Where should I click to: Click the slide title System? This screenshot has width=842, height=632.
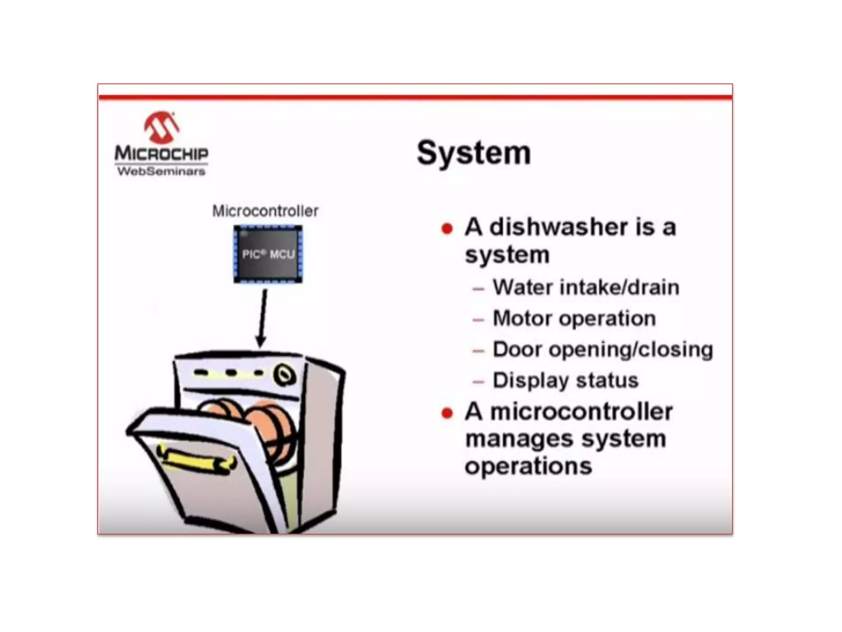pyautogui.click(x=474, y=153)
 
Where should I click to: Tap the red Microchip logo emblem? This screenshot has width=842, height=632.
pyautogui.click(x=162, y=127)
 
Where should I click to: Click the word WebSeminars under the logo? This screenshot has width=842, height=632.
pyautogui.click(x=161, y=171)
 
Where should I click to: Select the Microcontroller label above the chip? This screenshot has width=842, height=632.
pyautogui.click(x=265, y=211)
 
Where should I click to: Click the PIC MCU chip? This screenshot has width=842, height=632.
pyautogui.click(x=268, y=254)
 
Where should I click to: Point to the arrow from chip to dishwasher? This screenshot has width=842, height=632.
pyautogui.click(x=262, y=317)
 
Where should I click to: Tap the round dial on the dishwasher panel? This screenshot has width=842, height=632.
pyautogui.click(x=285, y=375)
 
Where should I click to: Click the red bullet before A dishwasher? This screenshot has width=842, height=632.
pyautogui.click(x=447, y=228)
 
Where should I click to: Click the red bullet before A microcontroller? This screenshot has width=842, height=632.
pyautogui.click(x=447, y=413)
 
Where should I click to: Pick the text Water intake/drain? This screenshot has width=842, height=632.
pyautogui.click(x=586, y=287)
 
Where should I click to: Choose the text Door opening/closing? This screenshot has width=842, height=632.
pyautogui.click(x=603, y=349)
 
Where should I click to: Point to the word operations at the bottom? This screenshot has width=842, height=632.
pyautogui.click(x=528, y=466)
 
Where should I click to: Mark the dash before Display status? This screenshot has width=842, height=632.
pyautogui.click(x=478, y=382)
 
